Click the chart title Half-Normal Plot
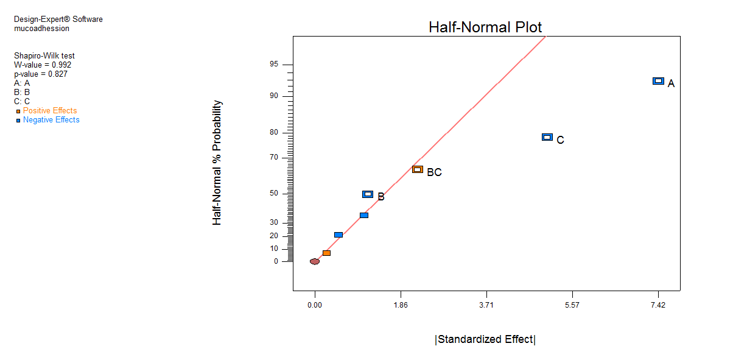(x=485, y=27)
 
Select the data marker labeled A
(x=658, y=81)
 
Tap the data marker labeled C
(x=547, y=137)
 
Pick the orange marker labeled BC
(x=418, y=169)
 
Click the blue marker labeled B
(x=368, y=194)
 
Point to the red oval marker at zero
(x=315, y=261)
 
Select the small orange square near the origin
(x=327, y=253)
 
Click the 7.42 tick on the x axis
(x=658, y=305)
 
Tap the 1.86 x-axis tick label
(x=401, y=305)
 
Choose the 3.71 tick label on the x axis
(x=486, y=305)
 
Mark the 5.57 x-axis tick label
(x=572, y=305)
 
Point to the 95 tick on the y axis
(x=274, y=65)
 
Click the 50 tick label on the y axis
(x=274, y=194)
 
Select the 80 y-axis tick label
(x=274, y=132)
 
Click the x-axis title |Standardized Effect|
(x=485, y=339)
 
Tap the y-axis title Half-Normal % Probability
(x=217, y=163)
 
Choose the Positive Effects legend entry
(x=50, y=111)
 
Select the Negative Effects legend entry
(x=51, y=120)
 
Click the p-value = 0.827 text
(x=41, y=74)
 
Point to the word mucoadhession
(x=41, y=28)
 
